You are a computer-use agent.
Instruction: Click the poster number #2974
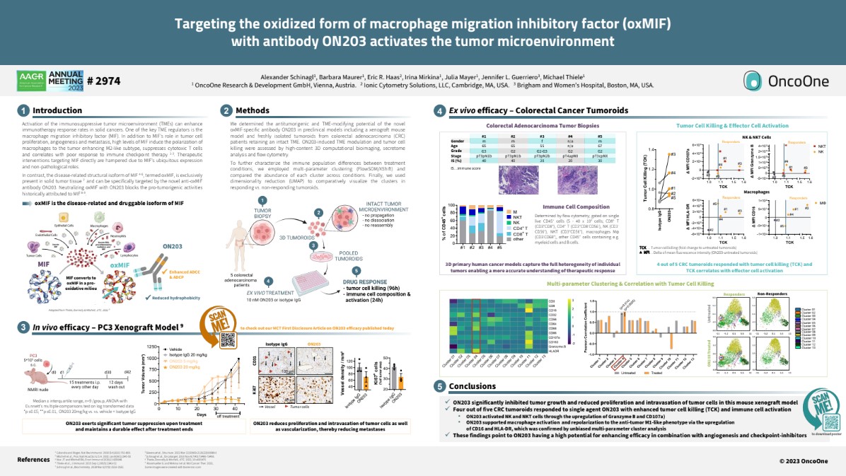(x=103, y=81)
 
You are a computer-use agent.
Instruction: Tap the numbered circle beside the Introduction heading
(x=23, y=110)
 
